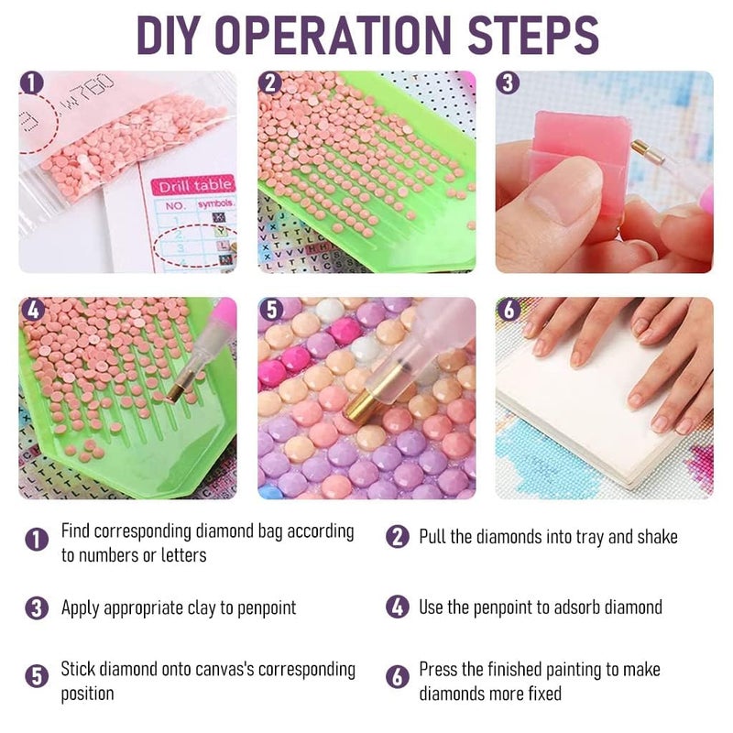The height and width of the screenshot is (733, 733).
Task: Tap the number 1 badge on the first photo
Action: tap(31, 83)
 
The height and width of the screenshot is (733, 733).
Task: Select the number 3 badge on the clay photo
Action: tap(508, 83)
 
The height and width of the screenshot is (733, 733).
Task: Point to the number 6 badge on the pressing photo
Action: tap(508, 309)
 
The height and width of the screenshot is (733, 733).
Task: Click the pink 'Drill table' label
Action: tap(193, 186)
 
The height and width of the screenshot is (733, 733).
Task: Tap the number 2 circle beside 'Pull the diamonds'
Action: tap(398, 537)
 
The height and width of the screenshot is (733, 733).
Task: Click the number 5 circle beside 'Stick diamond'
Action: tap(37, 676)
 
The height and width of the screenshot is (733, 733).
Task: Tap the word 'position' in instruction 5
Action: tap(87, 694)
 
